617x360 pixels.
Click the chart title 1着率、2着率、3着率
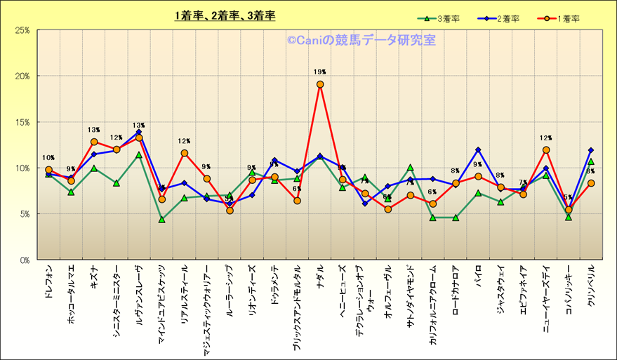tap(225, 15)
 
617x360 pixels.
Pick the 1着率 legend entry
tap(558, 19)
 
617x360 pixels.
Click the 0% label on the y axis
tap(23, 260)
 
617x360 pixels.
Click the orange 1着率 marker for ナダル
tap(320, 84)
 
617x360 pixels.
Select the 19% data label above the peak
tap(320, 72)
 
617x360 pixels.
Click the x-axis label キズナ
tap(93, 278)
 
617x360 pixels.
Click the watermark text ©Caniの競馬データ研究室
tap(361, 41)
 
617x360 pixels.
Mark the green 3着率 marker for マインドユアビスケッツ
tap(161, 220)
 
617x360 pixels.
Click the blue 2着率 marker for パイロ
tap(478, 149)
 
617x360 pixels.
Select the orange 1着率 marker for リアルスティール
tap(185, 153)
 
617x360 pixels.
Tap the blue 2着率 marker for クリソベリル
tap(591, 150)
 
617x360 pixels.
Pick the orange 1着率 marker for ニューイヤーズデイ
tap(546, 150)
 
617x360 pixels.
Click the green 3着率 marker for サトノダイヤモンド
tap(411, 168)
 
